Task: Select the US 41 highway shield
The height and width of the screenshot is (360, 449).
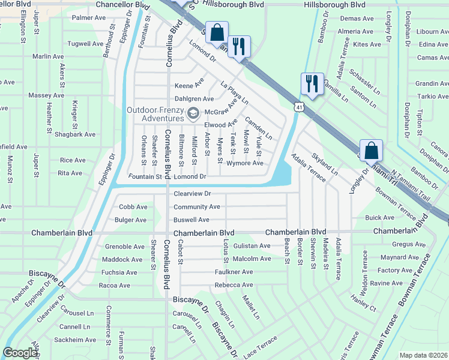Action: [298, 107]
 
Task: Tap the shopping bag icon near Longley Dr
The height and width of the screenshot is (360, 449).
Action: [372, 149]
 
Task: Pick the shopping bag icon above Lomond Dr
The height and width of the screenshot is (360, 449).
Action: [218, 34]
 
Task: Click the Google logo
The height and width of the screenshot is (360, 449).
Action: [20, 353]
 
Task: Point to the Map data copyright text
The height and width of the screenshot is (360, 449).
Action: [423, 355]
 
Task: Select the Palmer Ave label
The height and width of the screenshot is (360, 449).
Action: [88, 18]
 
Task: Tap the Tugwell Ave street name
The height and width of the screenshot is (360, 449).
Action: [85, 44]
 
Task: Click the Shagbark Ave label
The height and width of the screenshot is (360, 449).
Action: [84, 134]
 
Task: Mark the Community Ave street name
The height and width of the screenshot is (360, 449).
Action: [196, 207]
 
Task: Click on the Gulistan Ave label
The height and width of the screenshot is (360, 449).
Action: [252, 246]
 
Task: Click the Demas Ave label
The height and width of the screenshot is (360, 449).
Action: [357, 19]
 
